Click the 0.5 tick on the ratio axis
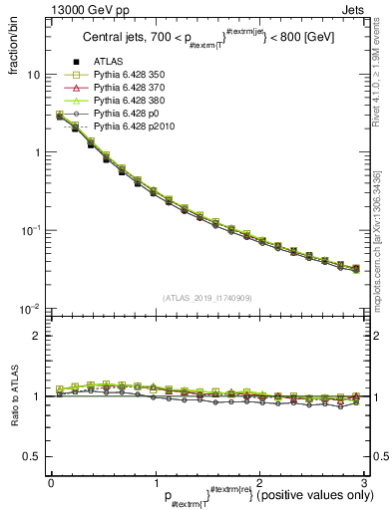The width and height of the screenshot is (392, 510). pyautogui.click(x=37, y=456)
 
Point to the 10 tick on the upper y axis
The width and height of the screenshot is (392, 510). pyautogui.click(x=34, y=75)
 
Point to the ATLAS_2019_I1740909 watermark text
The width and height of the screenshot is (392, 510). pyautogui.click(x=206, y=298)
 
